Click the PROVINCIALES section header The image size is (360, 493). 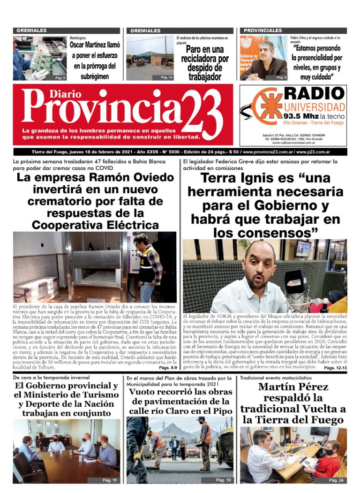point(263,30)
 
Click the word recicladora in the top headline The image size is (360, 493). point(205,59)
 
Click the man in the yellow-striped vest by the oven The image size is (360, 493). point(149,265)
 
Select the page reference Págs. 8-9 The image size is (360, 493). point(167,368)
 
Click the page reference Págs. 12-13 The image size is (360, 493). point(335,368)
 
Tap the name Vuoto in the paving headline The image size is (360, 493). point(142,392)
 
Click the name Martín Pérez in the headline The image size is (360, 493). point(293,387)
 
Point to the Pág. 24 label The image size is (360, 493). point(336,480)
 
